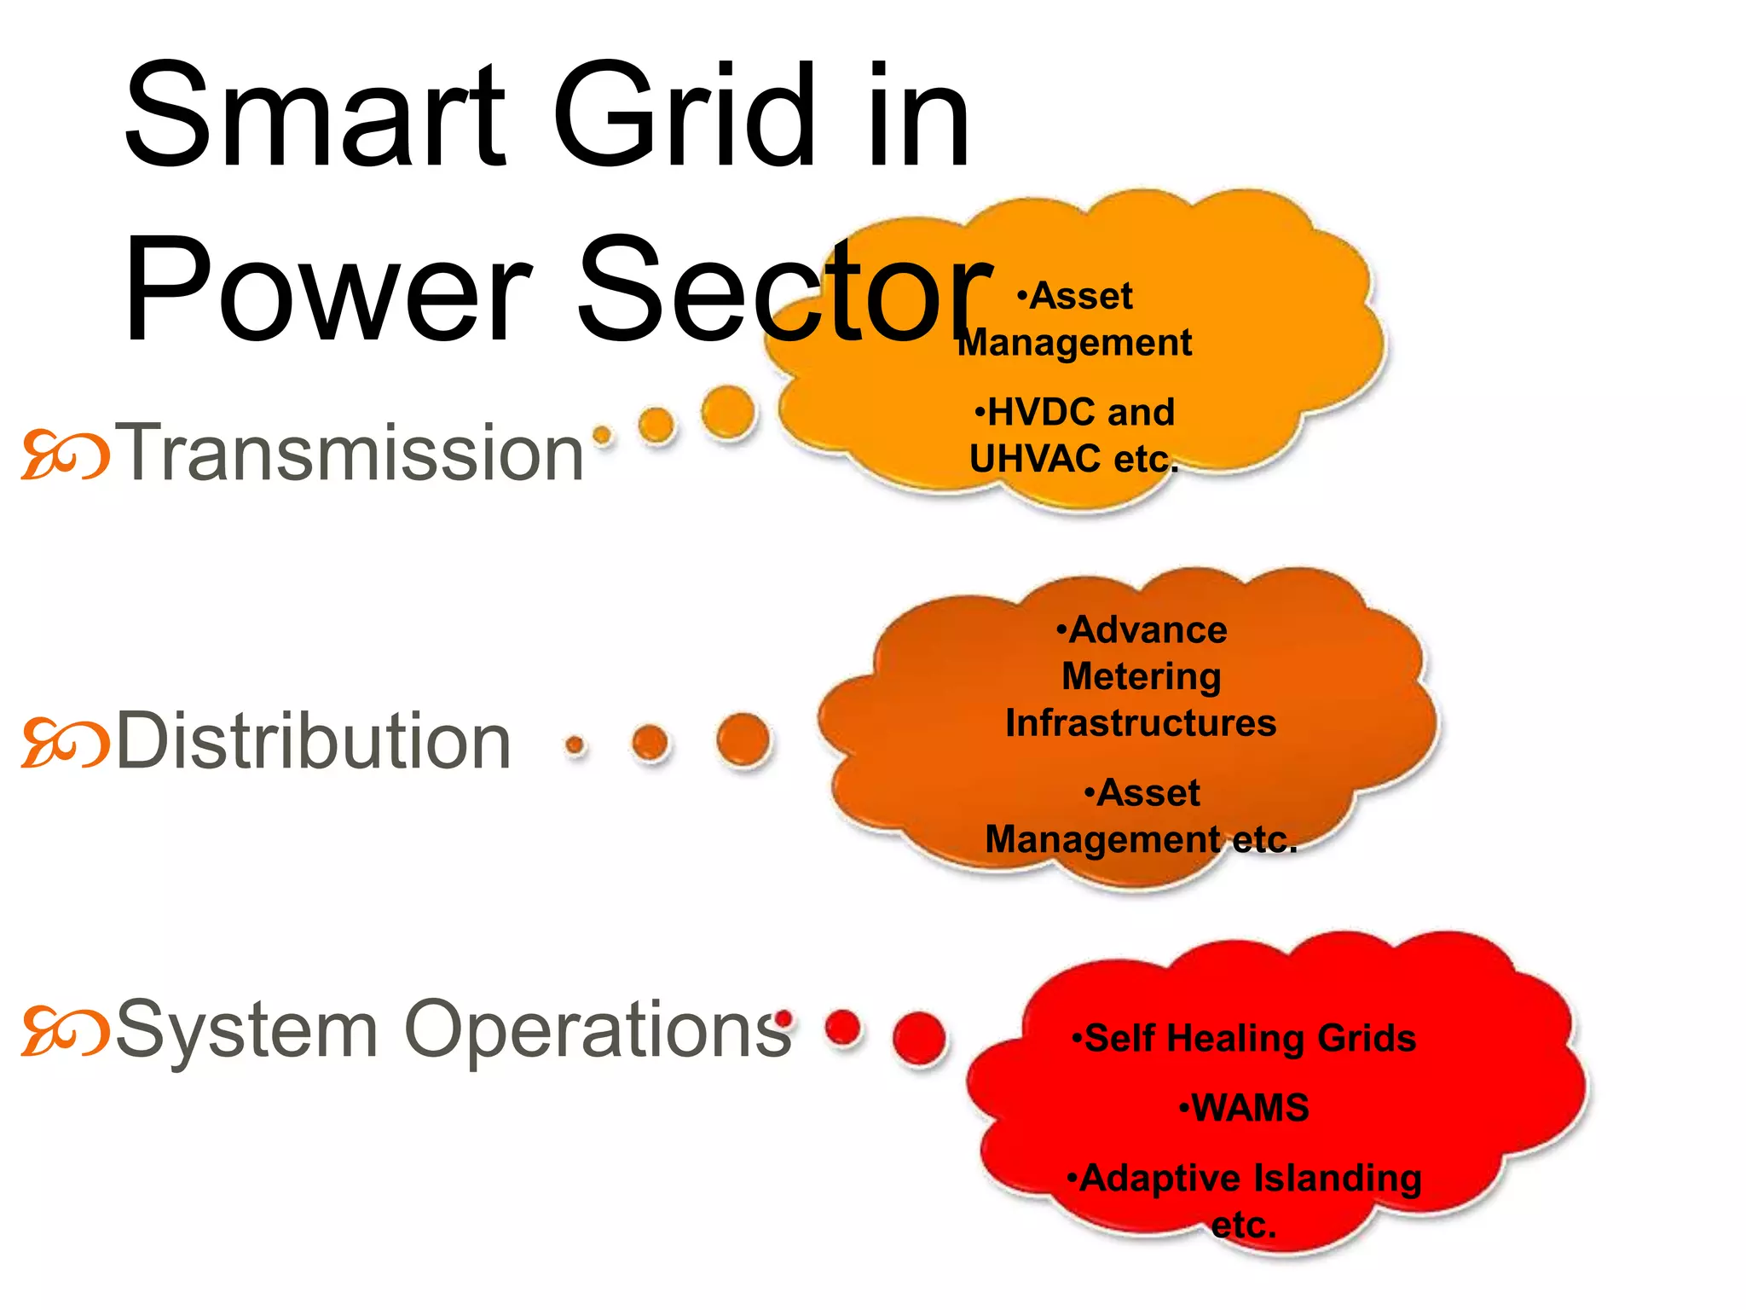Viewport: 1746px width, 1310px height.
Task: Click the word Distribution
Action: coord(313,741)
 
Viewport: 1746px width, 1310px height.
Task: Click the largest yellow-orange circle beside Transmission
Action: coord(729,412)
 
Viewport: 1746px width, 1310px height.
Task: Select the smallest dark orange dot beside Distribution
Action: coord(575,745)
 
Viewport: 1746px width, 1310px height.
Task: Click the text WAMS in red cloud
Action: coord(1250,1108)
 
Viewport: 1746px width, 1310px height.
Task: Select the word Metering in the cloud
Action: coord(1141,676)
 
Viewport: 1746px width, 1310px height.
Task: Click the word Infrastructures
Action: coord(1141,723)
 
